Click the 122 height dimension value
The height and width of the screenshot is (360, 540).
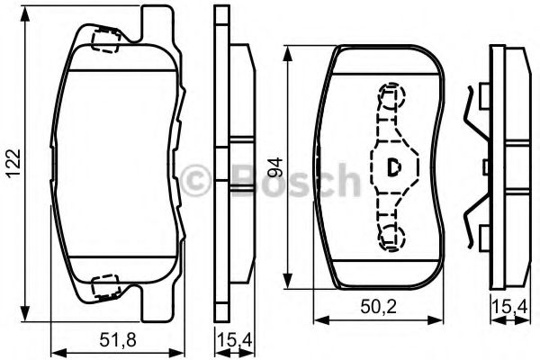14,163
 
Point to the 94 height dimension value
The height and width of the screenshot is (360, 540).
275,167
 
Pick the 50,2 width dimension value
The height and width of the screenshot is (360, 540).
379,306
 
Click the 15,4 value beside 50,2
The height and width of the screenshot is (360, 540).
510,306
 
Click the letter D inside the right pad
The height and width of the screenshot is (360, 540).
393,167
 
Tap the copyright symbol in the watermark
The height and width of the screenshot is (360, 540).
195,180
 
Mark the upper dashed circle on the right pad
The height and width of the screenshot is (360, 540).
391,95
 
